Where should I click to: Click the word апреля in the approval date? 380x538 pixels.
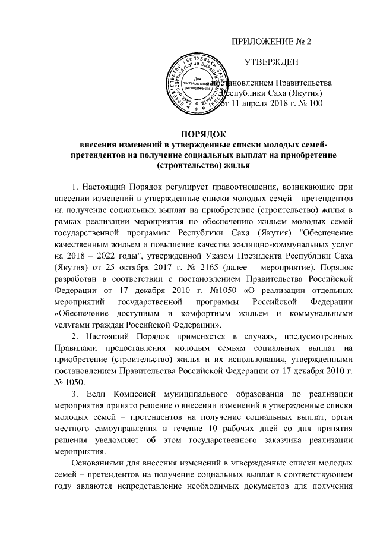(258, 104)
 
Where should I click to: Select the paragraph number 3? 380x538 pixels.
(74, 395)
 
